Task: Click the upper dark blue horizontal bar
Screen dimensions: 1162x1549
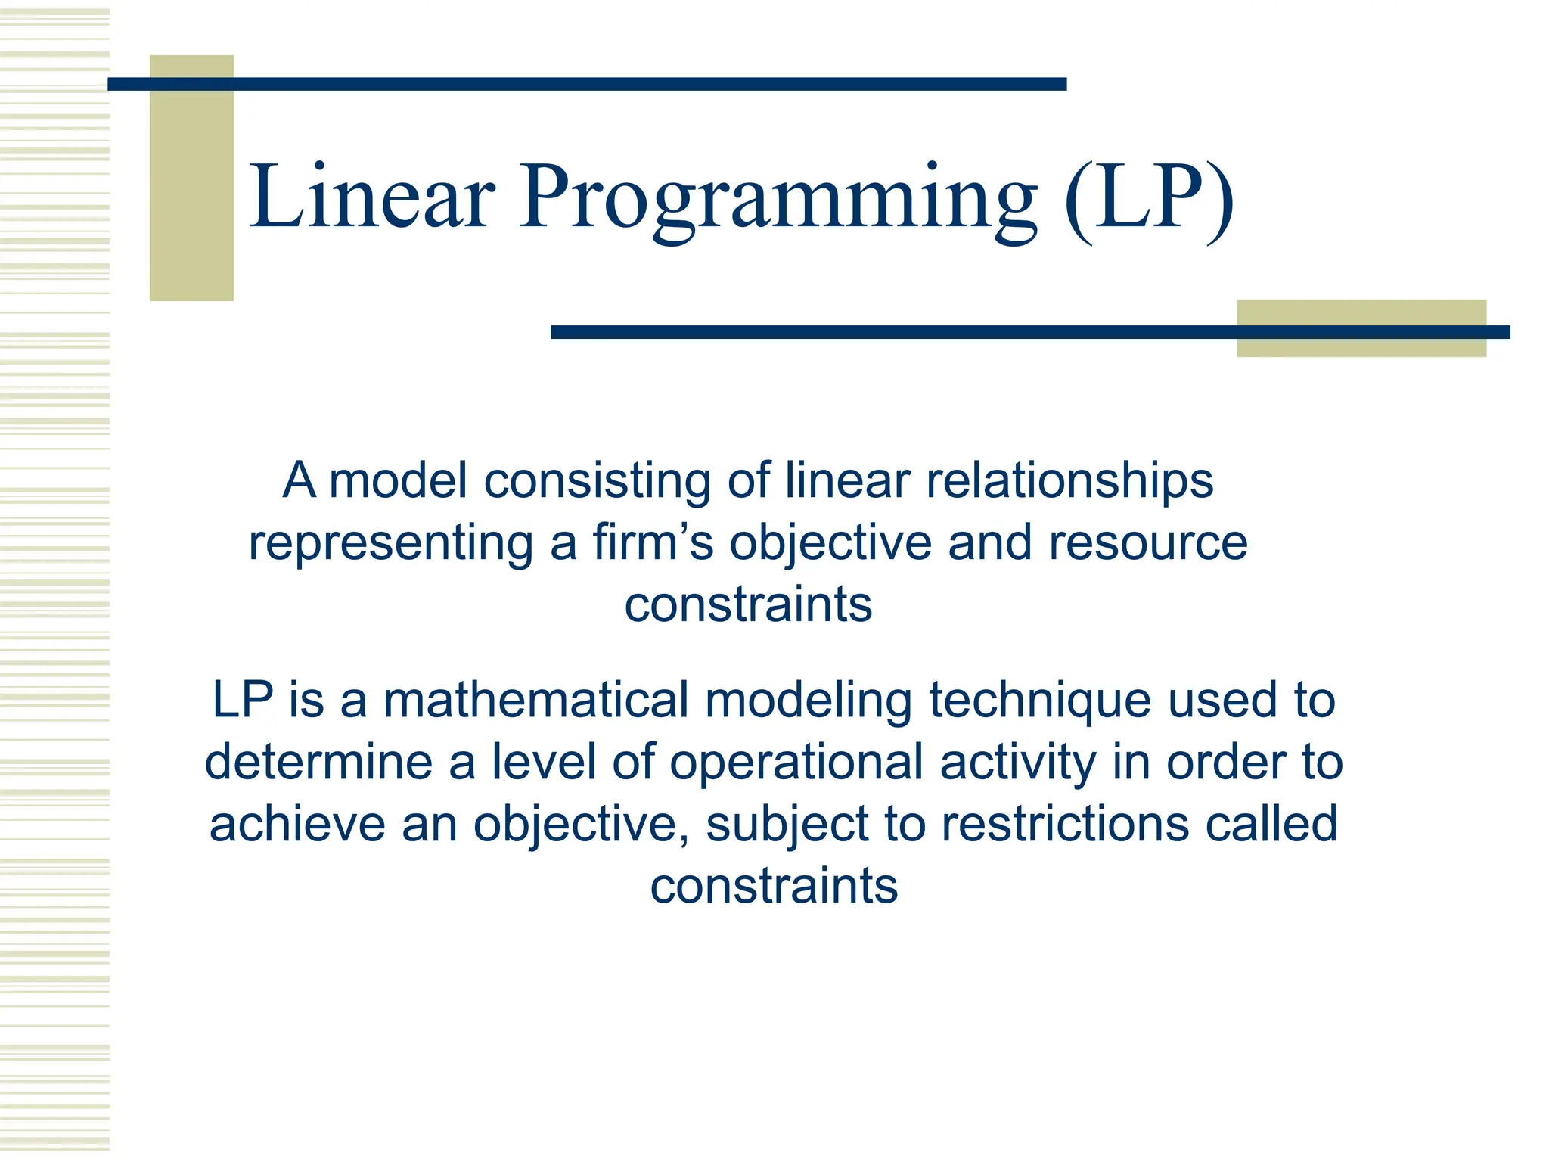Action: coord(587,84)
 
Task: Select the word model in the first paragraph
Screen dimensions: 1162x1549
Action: coord(398,480)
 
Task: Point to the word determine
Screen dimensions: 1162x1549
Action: coord(318,762)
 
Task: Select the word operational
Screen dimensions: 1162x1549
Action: coord(796,763)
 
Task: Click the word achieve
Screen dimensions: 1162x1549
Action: coord(296,824)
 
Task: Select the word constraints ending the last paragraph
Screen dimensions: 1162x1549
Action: coord(774,886)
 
